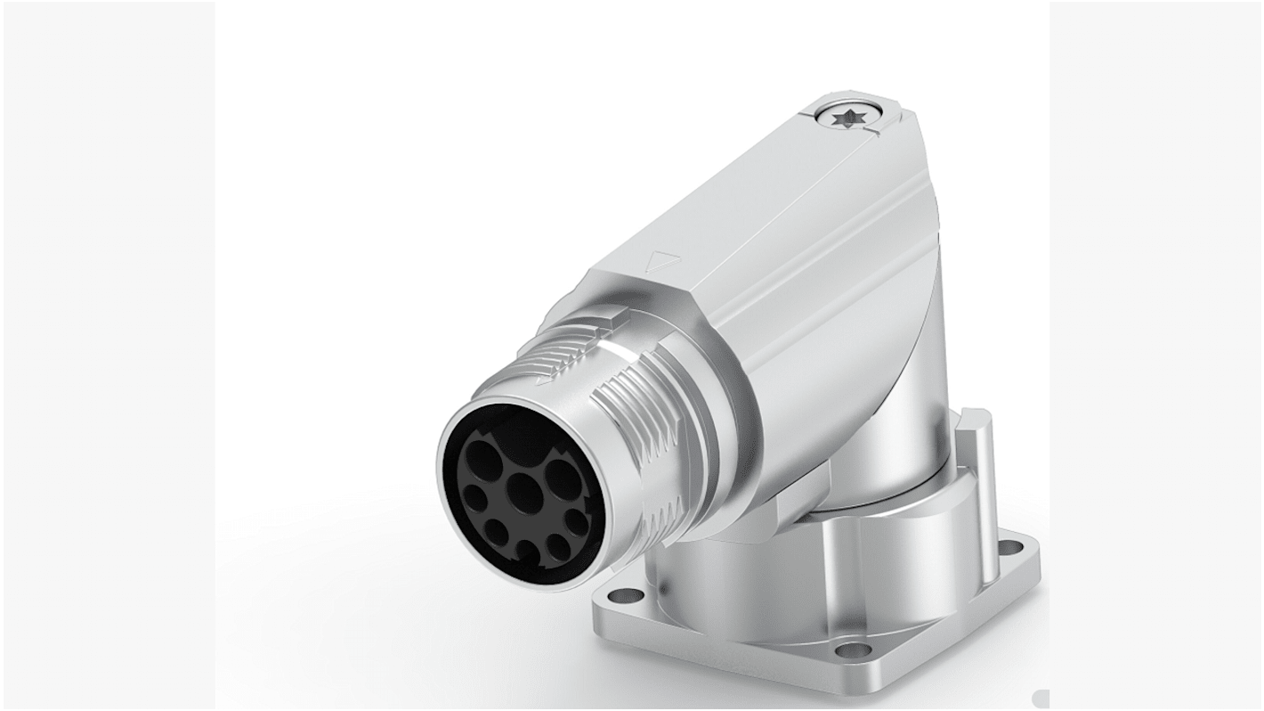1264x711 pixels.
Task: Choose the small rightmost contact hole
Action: tap(576, 520)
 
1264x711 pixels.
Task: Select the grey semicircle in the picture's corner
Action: tap(1041, 699)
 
